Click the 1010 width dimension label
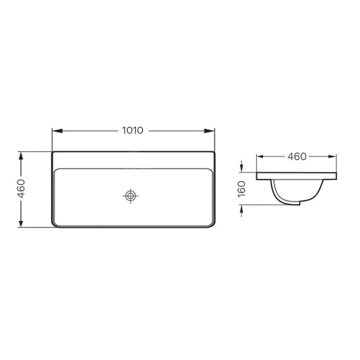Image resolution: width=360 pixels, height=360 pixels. coord(133,130)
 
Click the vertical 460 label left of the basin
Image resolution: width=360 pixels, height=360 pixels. coord(21,189)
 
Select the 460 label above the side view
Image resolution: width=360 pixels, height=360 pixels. coord(297,157)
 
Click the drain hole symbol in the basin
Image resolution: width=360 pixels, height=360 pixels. coord(131,196)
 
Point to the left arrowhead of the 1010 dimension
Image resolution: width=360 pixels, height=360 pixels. coord(57,131)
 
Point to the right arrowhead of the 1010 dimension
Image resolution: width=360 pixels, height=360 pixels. coord(210,131)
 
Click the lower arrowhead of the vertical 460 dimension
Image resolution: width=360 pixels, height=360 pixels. coord(21,222)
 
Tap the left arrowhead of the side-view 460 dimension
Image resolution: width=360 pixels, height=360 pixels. coord(260,157)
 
